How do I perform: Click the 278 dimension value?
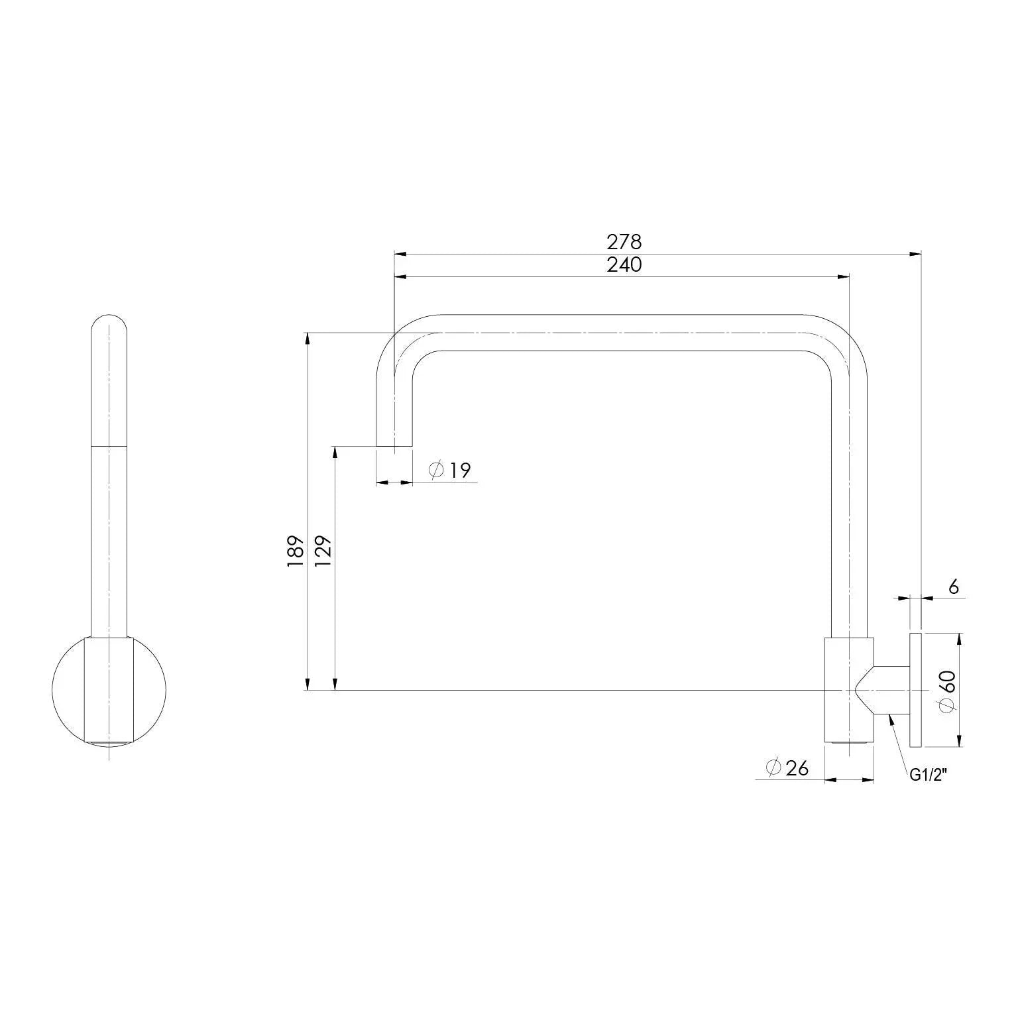(x=624, y=242)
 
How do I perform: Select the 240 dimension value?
(x=624, y=264)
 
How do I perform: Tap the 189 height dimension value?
(x=295, y=551)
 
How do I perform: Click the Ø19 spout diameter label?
(x=450, y=471)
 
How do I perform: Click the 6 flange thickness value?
(x=954, y=587)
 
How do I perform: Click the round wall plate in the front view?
(x=66, y=689)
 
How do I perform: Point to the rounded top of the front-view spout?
(x=109, y=325)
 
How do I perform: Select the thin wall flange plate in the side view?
(x=915, y=689)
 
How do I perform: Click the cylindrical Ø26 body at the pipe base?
(x=849, y=689)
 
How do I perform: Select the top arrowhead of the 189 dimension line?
(x=307, y=338)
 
